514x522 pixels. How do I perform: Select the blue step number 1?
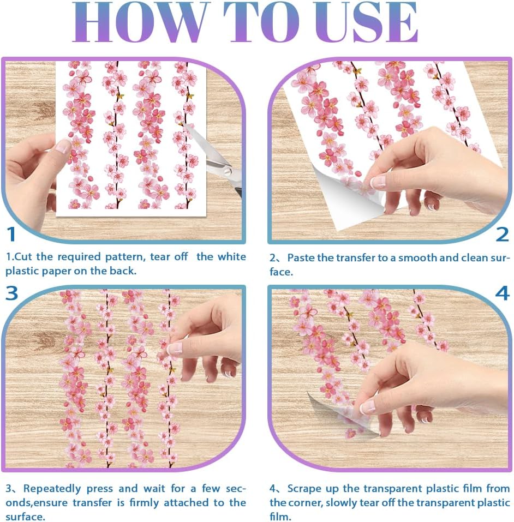click(11, 233)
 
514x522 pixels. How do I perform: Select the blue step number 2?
click(502, 234)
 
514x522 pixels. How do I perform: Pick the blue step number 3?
click(12, 293)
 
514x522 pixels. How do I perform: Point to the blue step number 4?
click(502, 293)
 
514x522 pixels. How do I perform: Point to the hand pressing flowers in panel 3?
click(207, 338)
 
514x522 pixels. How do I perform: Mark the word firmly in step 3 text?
click(132, 502)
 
